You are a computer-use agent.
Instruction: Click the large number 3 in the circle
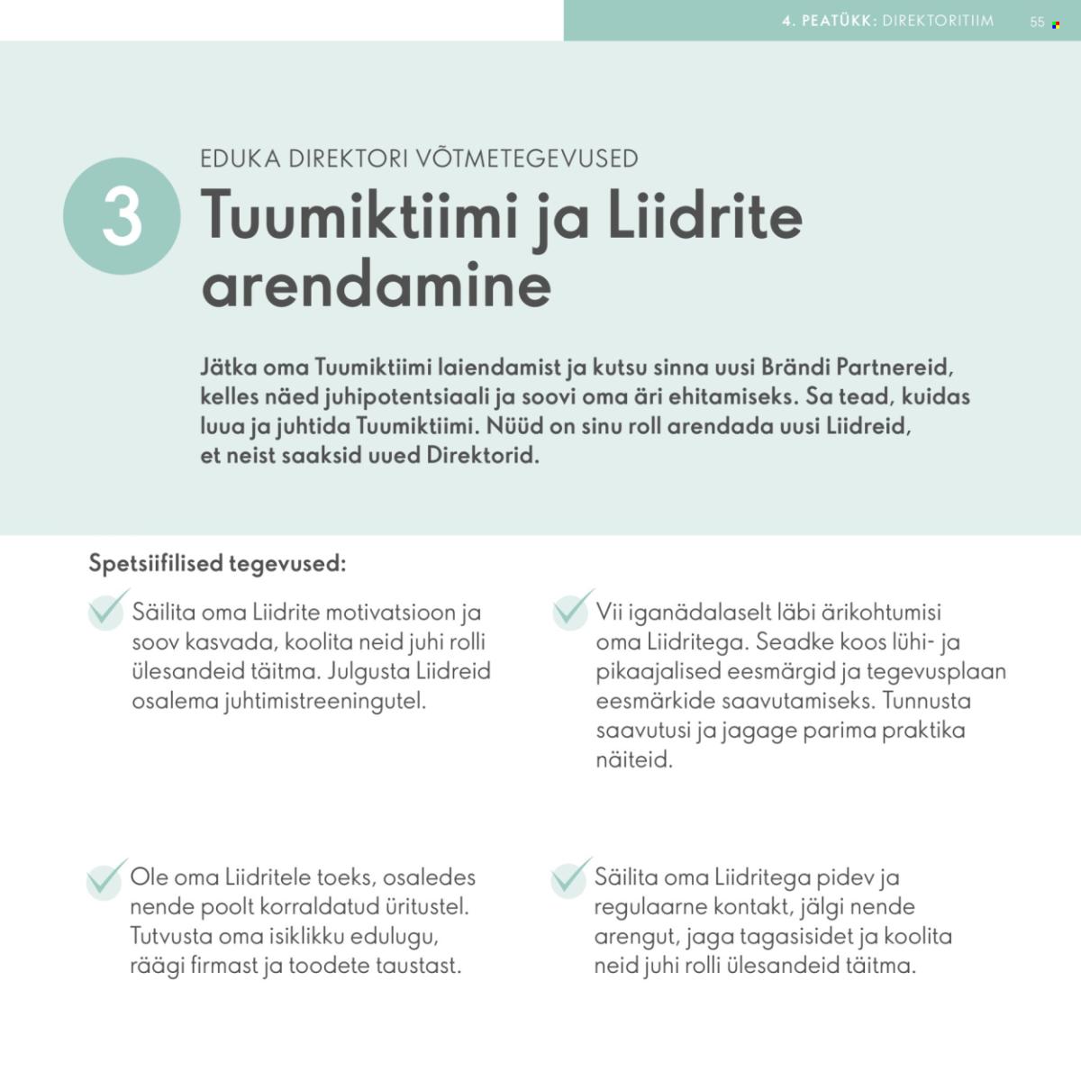tap(122, 216)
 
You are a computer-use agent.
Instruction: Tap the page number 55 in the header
tap(1037, 22)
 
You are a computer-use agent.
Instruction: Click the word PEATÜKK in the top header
tap(839, 21)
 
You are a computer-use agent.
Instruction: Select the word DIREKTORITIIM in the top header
tap(938, 21)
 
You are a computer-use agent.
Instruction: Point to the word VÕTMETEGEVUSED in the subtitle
tap(527, 159)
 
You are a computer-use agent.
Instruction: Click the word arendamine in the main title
tap(377, 286)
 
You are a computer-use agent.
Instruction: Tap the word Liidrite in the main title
tap(704, 218)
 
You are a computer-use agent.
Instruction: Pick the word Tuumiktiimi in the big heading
tap(363, 218)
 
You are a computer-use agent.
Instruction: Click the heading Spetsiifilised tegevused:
tap(217, 564)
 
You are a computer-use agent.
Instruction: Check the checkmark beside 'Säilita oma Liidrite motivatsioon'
tap(107, 611)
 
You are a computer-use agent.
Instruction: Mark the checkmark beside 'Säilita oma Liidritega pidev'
tap(570, 877)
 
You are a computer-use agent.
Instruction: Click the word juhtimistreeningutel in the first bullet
tap(323, 701)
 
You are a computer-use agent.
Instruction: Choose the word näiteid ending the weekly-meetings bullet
tap(634, 759)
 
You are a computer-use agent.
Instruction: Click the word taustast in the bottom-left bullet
tap(418, 966)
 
